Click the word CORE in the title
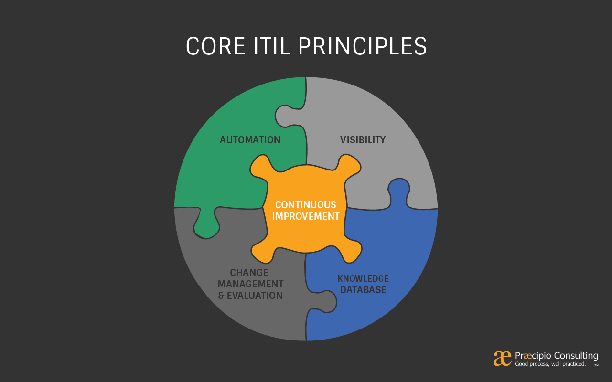215,46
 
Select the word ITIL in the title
271,46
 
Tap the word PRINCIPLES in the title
363,46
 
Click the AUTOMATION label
250,140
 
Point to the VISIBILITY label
363,140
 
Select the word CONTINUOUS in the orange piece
305,205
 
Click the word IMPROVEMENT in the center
305,216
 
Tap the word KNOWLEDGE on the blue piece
363,278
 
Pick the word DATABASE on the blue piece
363,290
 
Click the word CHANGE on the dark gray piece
249,273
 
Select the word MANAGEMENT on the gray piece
250,284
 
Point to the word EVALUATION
255,296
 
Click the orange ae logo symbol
502,359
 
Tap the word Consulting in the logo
576,356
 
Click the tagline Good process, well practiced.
550,364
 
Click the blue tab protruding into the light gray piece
399,192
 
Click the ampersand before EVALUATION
221,296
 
